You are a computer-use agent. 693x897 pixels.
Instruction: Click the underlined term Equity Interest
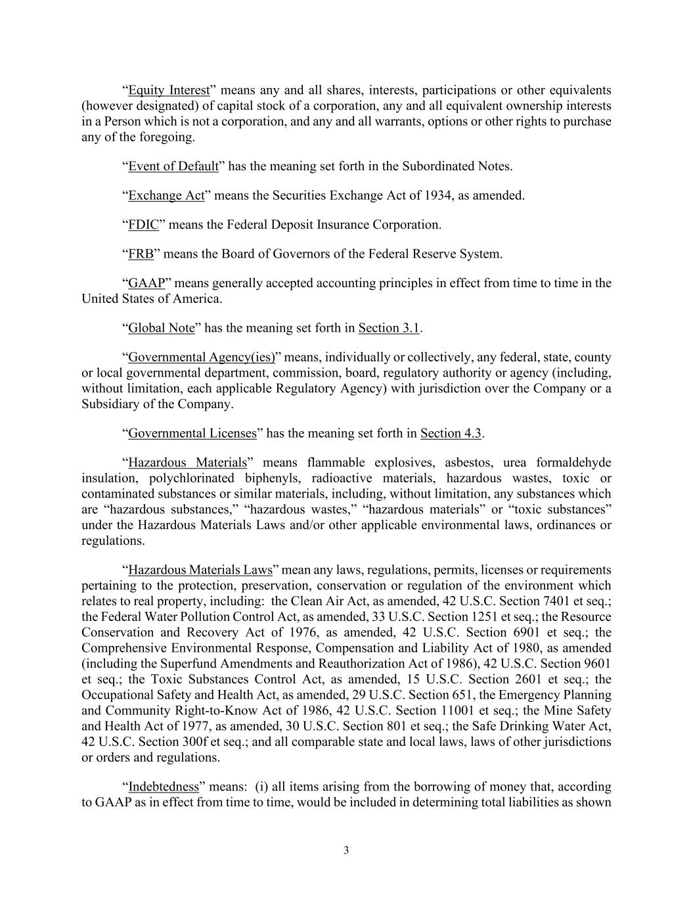click(x=169, y=90)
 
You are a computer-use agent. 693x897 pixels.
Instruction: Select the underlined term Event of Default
click(x=173, y=166)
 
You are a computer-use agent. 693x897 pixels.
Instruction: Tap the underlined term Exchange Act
click(x=166, y=195)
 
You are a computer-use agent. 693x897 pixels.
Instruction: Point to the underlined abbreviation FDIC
click(x=143, y=225)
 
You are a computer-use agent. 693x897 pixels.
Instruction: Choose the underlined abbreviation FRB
click(x=141, y=254)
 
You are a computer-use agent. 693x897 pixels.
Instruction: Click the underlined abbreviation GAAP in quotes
click(x=146, y=283)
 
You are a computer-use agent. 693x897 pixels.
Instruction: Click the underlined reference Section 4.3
click(x=451, y=433)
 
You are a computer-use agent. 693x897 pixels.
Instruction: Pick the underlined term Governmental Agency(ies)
click(x=201, y=357)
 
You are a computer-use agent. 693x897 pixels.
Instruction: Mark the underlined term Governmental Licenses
click(x=192, y=433)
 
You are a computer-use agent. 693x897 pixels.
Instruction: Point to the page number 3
click(x=346, y=851)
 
